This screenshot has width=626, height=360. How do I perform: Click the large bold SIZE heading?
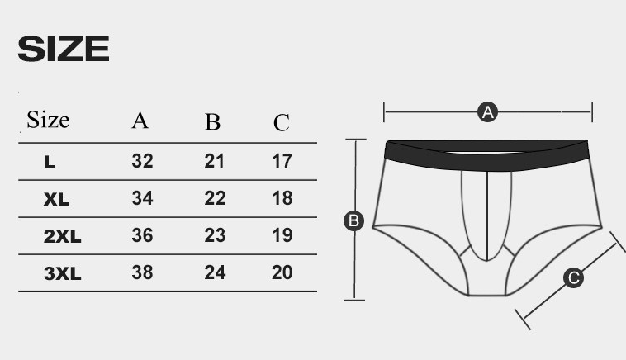[64, 49]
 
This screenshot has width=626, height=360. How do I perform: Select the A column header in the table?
[140, 120]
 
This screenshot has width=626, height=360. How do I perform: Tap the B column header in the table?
[213, 121]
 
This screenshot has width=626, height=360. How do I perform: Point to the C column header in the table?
[282, 122]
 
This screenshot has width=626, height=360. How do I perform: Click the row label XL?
[56, 199]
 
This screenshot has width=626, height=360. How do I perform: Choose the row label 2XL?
[62, 236]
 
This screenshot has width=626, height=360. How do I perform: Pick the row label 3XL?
[62, 273]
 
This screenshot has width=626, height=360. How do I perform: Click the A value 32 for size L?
[143, 161]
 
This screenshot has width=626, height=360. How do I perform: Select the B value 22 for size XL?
[216, 198]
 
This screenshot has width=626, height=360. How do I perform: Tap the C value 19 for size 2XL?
[282, 235]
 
